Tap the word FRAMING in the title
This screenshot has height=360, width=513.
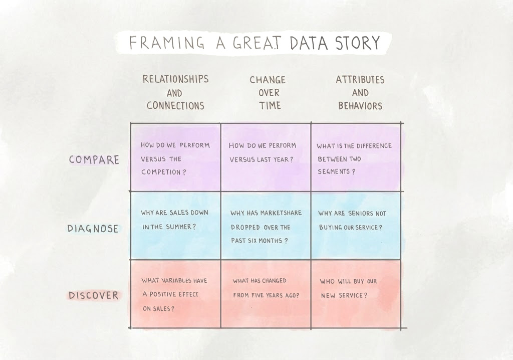pos(167,43)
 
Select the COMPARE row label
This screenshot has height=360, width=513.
pos(94,159)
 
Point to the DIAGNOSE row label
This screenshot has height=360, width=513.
pos(93,228)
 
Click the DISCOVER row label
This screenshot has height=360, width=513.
pos(94,295)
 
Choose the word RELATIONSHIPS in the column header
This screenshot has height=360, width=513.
pos(176,79)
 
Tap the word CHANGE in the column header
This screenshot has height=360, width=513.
pos(268,80)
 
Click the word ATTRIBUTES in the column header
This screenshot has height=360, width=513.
pos(360,80)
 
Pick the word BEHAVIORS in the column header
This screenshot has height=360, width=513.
pos(360,106)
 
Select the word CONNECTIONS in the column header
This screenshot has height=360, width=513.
pos(175,105)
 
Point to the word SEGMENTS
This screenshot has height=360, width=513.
pos(334,171)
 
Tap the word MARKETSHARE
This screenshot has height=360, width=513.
pos(281,213)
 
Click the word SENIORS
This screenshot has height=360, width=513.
pos(360,214)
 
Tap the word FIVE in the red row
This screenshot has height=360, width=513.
pos(258,295)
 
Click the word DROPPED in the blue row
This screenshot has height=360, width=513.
pos(245,227)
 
